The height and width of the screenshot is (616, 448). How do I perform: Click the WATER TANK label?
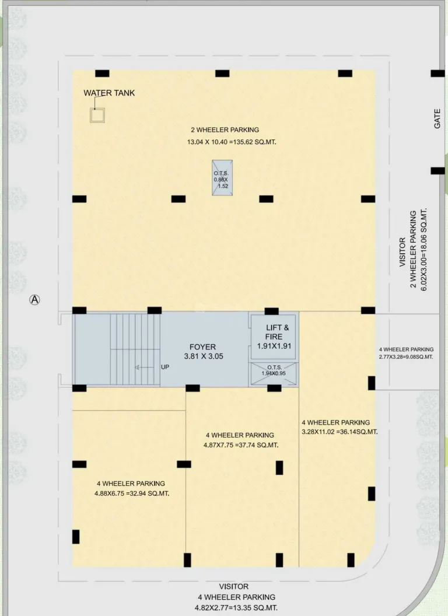point(109,93)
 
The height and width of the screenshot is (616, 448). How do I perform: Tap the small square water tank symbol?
point(97,116)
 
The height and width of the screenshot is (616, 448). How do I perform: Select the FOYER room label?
point(202,347)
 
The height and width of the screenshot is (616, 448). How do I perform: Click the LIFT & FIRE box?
point(274,337)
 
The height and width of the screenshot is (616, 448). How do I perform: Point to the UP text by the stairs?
point(165,367)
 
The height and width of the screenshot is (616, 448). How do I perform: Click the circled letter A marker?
point(35,300)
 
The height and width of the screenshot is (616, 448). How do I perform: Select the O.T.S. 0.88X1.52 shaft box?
point(221,178)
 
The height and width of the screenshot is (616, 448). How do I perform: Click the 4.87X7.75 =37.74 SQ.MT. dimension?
point(242,445)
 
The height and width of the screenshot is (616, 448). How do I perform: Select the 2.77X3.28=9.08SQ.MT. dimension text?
point(405,356)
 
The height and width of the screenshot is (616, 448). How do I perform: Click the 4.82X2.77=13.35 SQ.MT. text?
point(236,608)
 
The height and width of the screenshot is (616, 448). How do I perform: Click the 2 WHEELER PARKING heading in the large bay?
point(225,130)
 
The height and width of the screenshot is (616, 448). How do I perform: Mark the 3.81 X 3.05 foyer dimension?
point(202,356)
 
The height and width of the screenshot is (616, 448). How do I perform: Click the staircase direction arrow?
point(138,367)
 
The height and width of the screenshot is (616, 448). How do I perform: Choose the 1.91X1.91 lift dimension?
point(274,346)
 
